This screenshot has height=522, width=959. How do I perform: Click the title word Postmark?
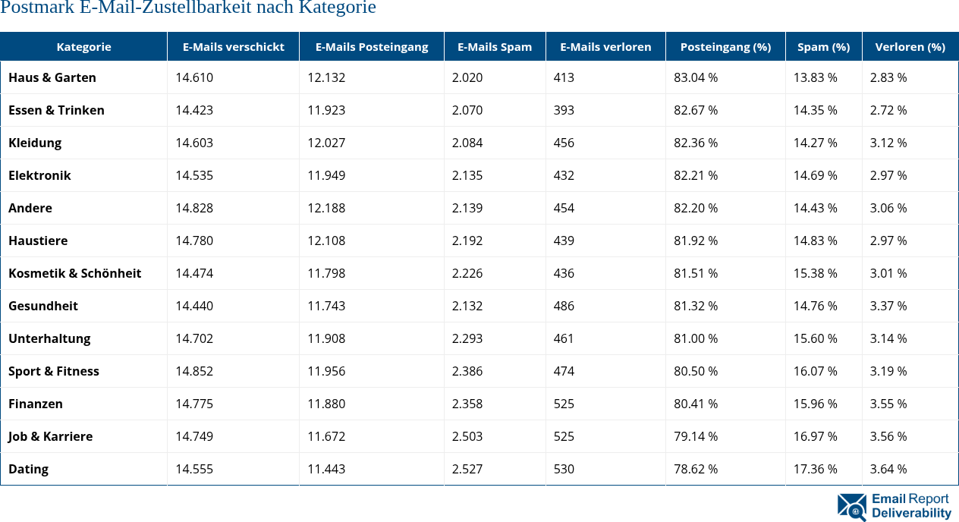[x=36, y=8]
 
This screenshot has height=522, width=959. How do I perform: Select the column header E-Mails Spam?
[x=495, y=47]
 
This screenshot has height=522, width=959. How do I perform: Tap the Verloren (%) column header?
[x=910, y=47]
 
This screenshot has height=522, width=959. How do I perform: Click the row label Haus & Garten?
[x=52, y=77]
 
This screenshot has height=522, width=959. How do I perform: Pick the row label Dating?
[x=29, y=469]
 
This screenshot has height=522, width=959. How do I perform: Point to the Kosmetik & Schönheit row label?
[x=75, y=273]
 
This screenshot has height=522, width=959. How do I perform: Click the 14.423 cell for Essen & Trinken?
[x=194, y=110]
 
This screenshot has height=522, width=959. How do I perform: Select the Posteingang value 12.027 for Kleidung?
[x=326, y=143]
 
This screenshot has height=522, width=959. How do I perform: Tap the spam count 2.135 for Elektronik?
[x=467, y=175]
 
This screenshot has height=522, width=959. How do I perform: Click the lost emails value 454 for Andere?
[x=564, y=208]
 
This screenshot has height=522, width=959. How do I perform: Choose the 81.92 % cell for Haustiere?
[x=696, y=241]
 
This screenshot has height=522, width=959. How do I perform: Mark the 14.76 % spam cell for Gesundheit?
[x=816, y=306]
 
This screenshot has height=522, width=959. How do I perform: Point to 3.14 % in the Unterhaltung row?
[x=888, y=338]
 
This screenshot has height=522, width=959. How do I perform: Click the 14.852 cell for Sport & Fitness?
[x=194, y=371]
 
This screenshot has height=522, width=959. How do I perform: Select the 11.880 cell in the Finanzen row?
[x=326, y=404]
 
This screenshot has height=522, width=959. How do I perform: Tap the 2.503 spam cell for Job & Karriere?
[x=467, y=436]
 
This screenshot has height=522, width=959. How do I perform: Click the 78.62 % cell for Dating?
[x=696, y=469]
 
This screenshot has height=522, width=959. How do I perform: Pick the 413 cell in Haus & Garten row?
[x=564, y=77]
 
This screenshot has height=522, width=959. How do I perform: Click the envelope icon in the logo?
[x=851, y=507]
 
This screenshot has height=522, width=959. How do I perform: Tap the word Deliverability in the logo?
[x=911, y=514]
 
